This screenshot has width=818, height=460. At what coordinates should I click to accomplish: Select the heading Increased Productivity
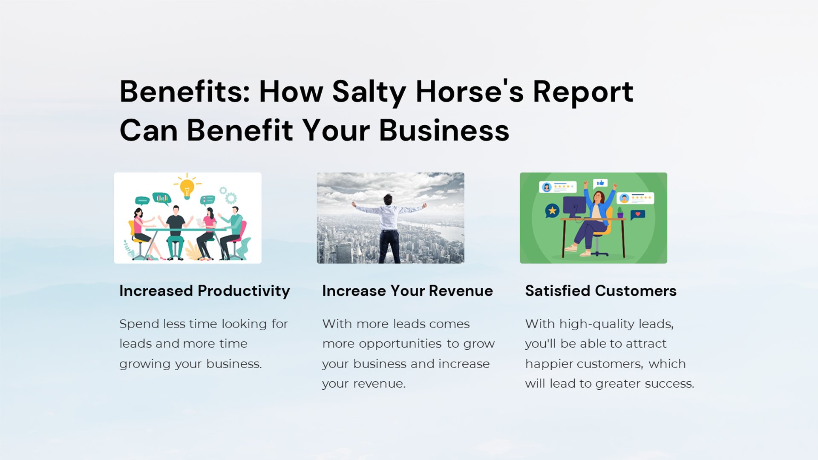tap(204, 291)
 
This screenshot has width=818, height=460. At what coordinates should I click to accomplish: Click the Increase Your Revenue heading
tap(407, 291)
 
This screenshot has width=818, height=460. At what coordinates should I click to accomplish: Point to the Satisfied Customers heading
tap(601, 291)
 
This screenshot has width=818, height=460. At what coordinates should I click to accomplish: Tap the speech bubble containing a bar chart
tap(162, 198)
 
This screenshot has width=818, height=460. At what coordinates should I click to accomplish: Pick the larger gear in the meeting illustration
tap(231, 198)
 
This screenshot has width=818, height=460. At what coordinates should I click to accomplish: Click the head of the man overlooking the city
tap(388, 199)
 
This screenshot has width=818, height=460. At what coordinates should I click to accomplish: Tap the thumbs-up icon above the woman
tap(600, 183)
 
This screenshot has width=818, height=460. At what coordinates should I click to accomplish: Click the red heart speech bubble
tap(637, 214)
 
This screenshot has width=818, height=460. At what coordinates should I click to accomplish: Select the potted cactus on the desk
tap(620, 212)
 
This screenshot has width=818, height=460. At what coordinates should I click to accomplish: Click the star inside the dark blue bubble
tap(553, 210)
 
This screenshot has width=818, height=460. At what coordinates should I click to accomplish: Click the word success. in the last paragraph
tap(670, 384)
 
